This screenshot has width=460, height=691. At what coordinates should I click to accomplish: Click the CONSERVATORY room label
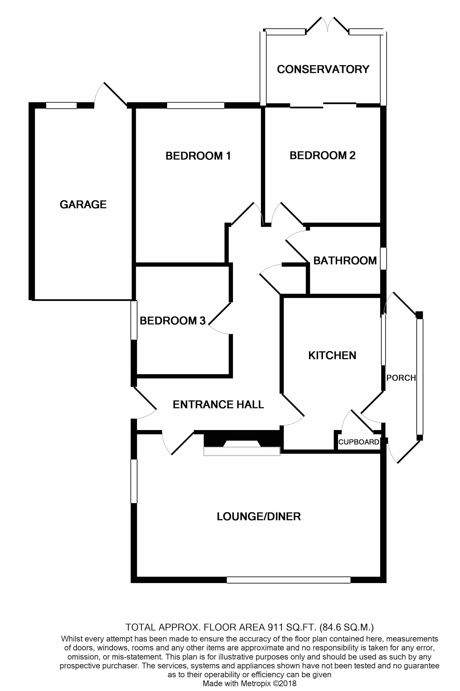[x=323, y=69]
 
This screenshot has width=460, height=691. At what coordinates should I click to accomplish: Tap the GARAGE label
[x=83, y=205]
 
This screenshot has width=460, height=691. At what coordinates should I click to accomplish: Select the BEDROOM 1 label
[x=198, y=156]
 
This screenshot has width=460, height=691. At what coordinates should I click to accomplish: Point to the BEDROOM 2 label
[x=322, y=155]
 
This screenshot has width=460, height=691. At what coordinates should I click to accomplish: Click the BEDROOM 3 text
[x=172, y=321]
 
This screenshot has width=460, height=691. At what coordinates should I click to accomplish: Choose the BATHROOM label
[x=345, y=261]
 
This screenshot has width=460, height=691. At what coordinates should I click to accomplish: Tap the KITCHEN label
[x=332, y=355]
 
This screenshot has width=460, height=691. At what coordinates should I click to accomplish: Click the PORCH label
[x=401, y=378]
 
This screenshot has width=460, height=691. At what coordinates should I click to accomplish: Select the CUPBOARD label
[x=359, y=442]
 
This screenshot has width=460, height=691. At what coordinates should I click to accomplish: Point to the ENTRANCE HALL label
[x=218, y=405]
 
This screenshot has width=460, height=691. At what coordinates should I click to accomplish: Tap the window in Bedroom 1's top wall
[x=196, y=106]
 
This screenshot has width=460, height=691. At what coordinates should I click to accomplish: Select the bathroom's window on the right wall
[x=383, y=259]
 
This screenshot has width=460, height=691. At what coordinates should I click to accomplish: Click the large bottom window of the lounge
[x=288, y=580]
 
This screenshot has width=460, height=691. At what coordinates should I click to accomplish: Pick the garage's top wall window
[x=61, y=106]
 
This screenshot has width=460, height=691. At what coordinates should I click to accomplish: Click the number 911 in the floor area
[x=275, y=627]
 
